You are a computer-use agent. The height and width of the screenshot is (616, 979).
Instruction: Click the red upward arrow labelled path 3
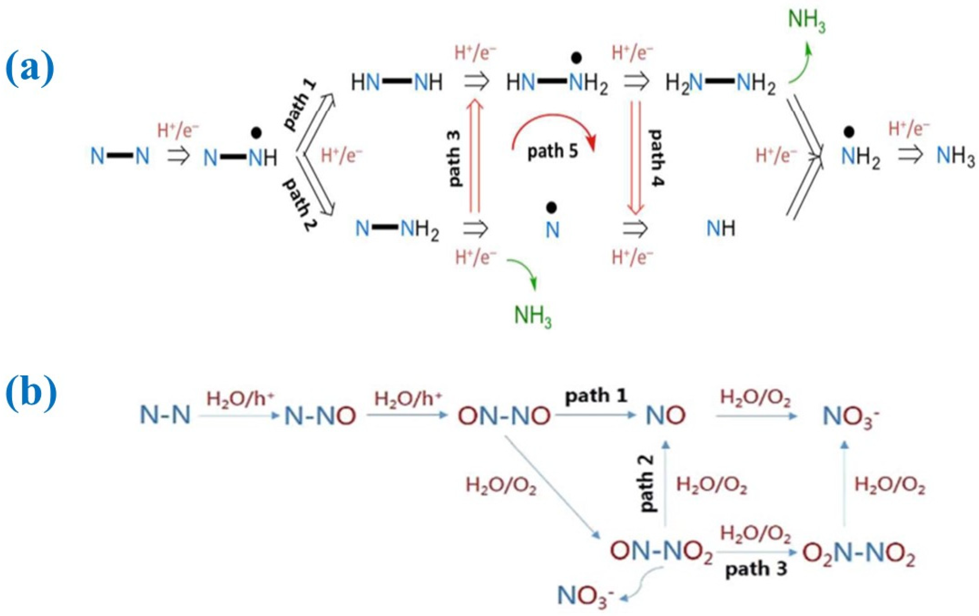click(474, 157)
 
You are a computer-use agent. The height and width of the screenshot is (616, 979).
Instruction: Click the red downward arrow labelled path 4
click(635, 157)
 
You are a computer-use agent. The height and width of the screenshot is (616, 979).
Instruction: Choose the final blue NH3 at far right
click(955, 156)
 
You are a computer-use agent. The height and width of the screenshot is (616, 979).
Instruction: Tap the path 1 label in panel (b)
click(596, 395)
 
